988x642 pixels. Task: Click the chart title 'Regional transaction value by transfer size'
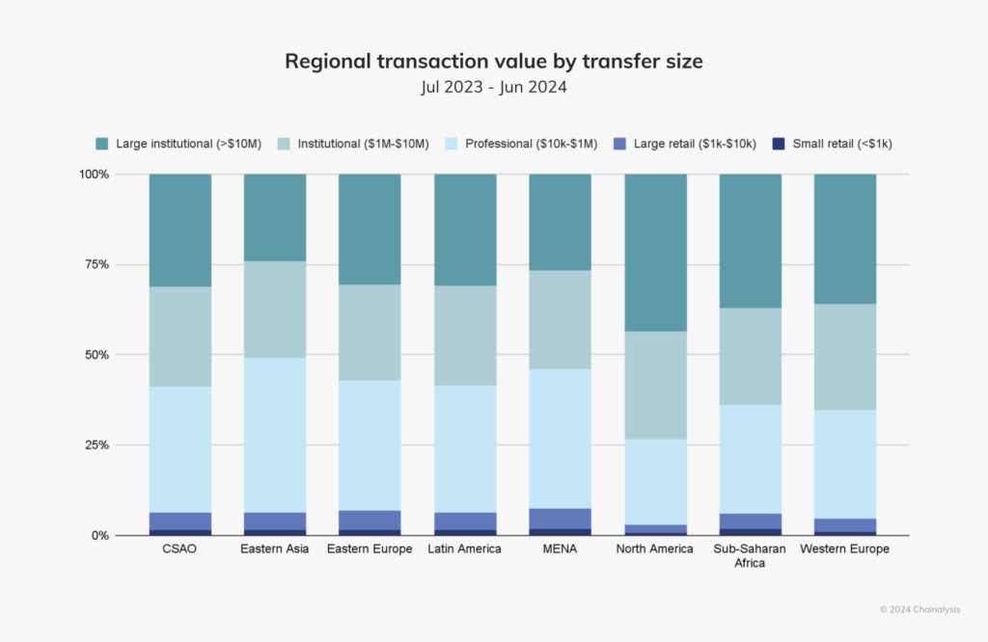coord(493,62)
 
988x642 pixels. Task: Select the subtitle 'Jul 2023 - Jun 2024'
coord(493,87)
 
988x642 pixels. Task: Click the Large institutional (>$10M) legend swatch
coord(102,144)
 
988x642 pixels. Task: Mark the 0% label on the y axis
coord(97,536)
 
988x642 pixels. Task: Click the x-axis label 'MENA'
coord(561,549)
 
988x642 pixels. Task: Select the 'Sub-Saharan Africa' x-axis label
coord(750,556)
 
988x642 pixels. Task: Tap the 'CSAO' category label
coord(180,549)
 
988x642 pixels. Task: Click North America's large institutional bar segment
coord(655,253)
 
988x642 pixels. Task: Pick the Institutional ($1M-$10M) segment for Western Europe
coord(845,357)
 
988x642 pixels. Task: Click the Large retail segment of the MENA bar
coord(561,518)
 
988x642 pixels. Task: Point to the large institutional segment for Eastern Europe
coord(370,229)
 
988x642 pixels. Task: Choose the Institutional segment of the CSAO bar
coord(180,336)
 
